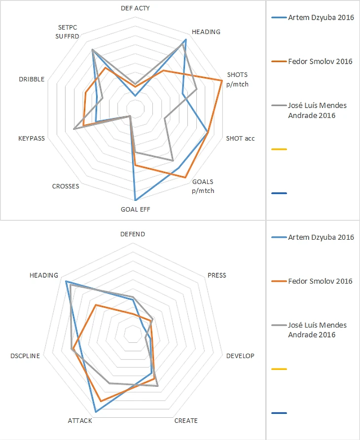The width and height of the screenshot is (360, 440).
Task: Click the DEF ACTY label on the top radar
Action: (135, 8)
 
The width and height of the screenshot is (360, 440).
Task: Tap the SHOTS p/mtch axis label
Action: (237, 79)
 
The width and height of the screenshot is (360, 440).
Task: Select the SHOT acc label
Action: (240, 138)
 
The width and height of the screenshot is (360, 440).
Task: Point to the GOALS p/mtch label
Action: (203, 186)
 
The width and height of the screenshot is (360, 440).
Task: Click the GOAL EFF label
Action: (135, 209)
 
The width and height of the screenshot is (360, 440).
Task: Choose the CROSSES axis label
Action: (65, 186)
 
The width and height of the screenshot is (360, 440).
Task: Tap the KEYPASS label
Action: (31, 139)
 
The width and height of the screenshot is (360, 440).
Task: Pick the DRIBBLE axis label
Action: (32, 79)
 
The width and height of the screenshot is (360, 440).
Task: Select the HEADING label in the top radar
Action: (206, 32)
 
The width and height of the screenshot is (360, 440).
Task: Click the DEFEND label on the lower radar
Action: (133, 234)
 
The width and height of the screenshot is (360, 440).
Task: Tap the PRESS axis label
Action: (216, 275)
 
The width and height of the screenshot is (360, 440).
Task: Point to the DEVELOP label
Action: (240, 356)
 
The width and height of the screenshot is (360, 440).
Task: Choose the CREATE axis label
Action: (186, 421)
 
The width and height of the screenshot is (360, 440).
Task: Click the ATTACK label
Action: (79, 421)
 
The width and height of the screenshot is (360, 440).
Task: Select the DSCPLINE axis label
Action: (25, 356)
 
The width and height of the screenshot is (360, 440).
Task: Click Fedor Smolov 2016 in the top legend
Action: (320, 62)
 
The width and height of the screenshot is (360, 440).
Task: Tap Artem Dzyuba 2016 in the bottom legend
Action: (321, 237)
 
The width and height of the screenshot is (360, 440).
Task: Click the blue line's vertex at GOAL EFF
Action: (135, 200)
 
